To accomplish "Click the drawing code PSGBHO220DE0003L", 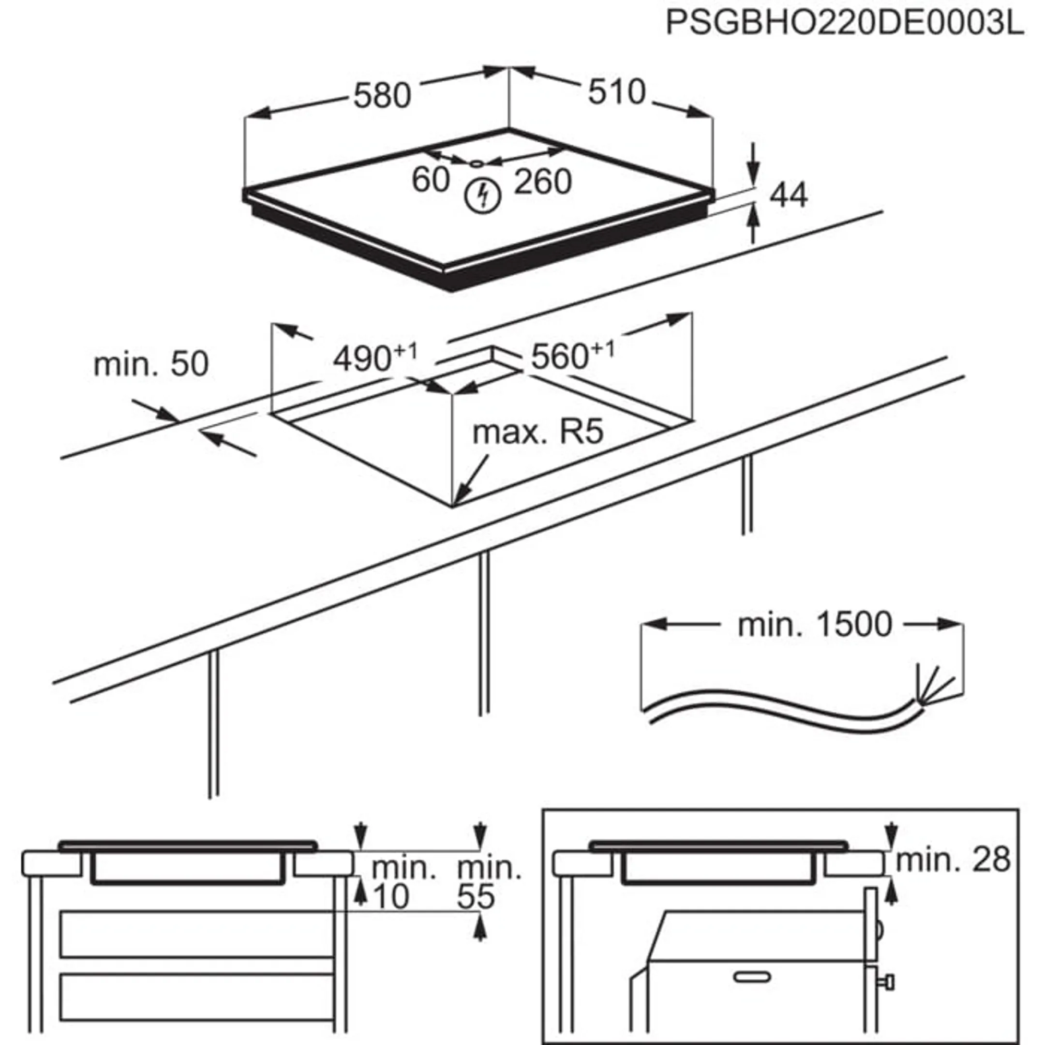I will [x=844, y=24].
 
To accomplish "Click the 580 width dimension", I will [x=382, y=96].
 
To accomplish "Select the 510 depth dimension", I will [x=617, y=92].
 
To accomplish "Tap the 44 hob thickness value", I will [x=789, y=195].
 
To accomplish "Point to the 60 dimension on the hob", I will [x=431, y=179].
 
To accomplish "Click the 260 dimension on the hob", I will [x=542, y=182].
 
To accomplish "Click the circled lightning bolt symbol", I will [x=483, y=196].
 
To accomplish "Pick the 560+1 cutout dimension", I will [x=572, y=356].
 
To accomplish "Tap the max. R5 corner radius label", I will [x=537, y=432].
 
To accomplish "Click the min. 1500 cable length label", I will [x=814, y=625].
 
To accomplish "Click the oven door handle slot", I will [x=752, y=977].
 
